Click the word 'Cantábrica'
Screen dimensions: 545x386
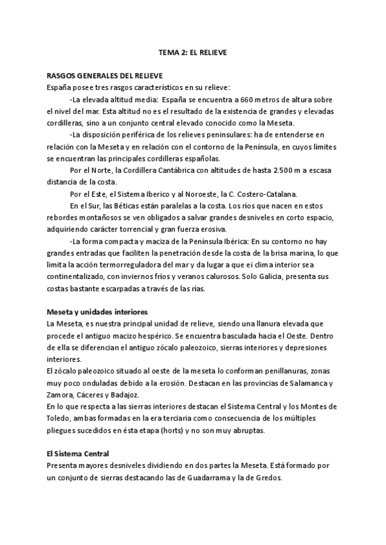pos(163,170)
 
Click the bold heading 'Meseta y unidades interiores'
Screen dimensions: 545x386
pos(94,311)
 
